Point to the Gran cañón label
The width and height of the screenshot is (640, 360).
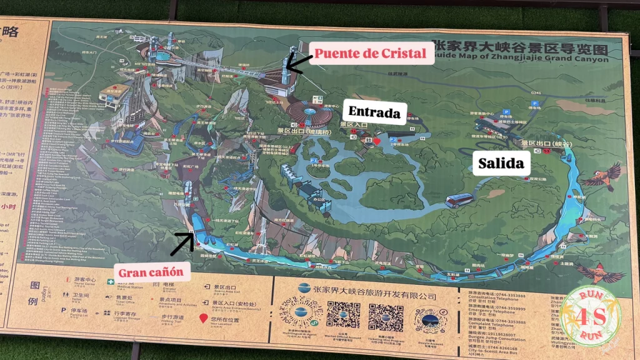(x=151, y=271)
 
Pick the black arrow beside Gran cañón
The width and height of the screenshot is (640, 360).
(x=182, y=243)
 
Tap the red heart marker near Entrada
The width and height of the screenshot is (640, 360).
(x=377, y=141)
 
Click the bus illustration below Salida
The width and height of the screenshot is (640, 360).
(x=459, y=201)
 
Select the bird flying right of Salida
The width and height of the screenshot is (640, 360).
(x=601, y=177)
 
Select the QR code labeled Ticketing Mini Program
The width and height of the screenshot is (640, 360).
(x=385, y=316)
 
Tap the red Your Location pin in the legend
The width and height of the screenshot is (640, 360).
(x=203, y=319)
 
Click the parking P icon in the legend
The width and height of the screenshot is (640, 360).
(x=64, y=310)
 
